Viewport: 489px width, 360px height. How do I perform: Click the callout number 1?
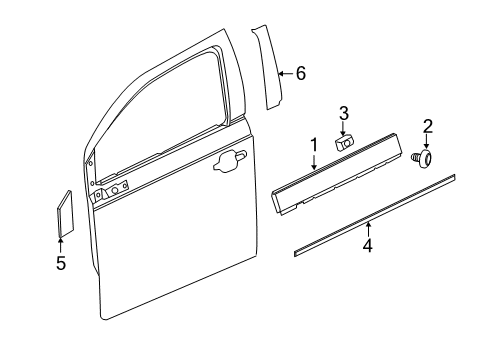click(313, 146)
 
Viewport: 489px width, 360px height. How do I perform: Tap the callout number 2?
click(427, 126)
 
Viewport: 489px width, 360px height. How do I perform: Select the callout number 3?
click(342, 112)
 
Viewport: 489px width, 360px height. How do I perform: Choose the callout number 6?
click(300, 73)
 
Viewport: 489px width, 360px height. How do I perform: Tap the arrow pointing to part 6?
click(285, 73)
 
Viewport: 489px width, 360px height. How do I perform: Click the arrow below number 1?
click(313, 163)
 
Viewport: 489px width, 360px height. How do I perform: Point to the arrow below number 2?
click(427, 143)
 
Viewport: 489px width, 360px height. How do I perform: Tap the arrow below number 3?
click(342, 128)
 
